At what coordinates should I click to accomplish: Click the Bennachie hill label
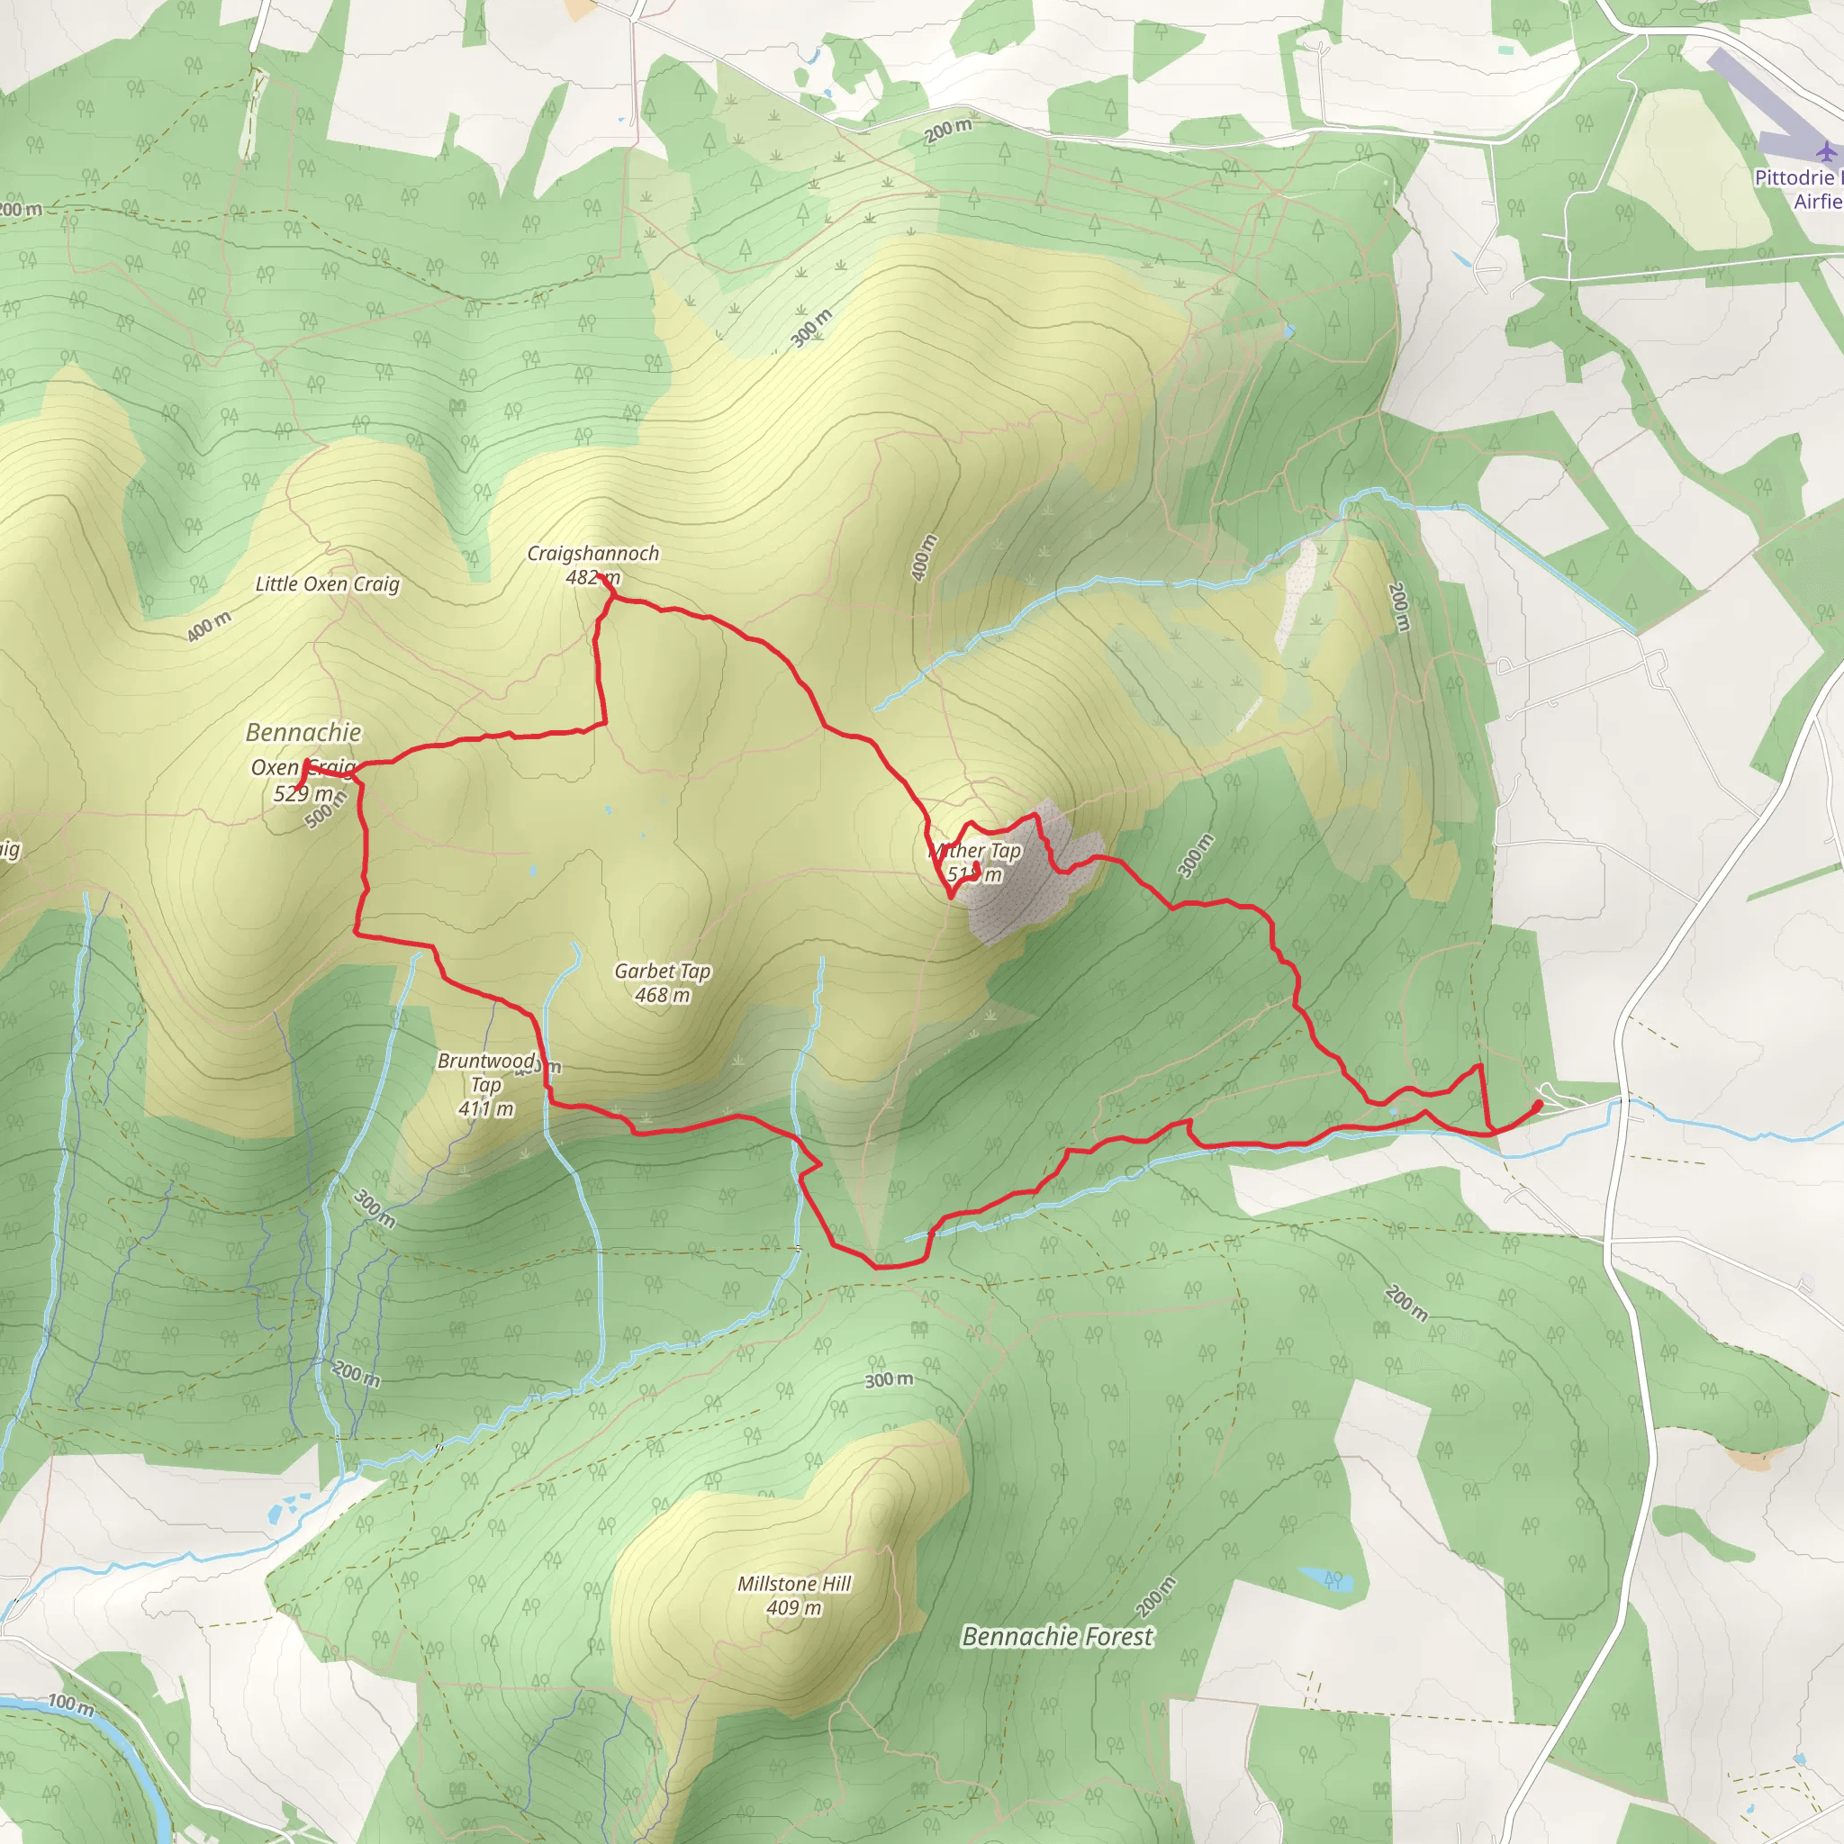pos(303,732)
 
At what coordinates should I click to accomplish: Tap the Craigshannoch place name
pos(592,554)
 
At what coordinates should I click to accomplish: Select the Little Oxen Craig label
pos(328,584)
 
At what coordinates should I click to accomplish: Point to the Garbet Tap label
pos(663,971)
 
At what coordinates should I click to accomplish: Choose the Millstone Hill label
pos(794,1584)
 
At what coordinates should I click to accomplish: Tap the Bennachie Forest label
pos(1058,1636)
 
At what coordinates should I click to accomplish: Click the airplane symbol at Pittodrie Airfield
pos(1826,150)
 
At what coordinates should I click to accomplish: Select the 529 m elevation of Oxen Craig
pos(303,793)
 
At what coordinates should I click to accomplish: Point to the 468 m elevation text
pos(663,995)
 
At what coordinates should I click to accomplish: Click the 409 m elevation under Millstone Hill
pos(794,1607)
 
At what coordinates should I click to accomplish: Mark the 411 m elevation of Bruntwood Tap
pos(486,1108)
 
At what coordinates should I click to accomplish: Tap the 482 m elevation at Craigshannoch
pos(592,577)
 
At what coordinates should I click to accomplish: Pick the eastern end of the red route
pos(1539,1104)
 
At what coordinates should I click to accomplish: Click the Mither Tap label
pos(975,850)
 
